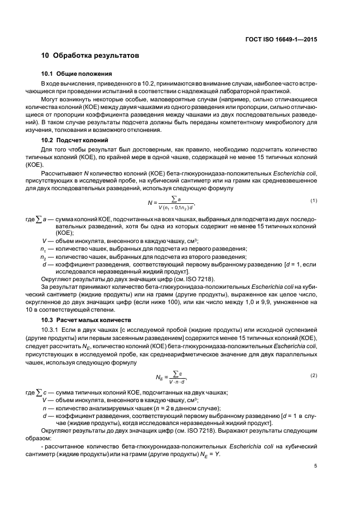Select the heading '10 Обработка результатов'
pos(90,56)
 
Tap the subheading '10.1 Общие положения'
pos(77,73)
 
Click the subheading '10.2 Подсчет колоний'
pos(75,140)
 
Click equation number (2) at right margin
pos(314,376)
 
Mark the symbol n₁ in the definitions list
pos(42,248)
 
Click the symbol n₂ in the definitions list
pos(42,257)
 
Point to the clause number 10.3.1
pos(51,330)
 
